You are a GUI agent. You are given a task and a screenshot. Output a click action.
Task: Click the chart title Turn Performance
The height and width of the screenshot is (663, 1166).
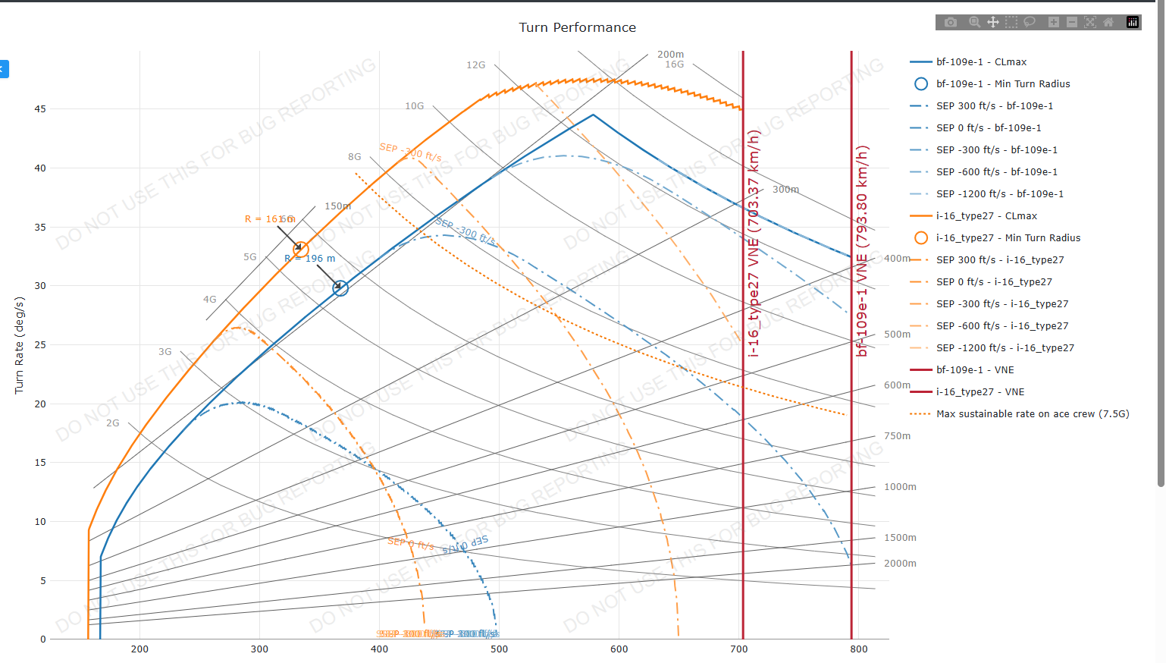[577, 27]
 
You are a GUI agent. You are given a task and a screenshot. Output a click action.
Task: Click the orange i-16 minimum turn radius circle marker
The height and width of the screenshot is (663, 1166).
[301, 249]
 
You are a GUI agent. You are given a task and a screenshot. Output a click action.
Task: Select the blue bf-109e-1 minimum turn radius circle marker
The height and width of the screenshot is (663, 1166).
[340, 288]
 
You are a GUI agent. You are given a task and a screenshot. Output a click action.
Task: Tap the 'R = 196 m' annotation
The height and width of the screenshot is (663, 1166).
[310, 259]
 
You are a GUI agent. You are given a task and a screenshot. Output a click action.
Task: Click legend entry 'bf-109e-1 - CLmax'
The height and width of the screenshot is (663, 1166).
[981, 62]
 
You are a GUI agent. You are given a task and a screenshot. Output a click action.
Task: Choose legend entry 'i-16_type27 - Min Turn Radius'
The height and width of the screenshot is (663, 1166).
[1008, 238]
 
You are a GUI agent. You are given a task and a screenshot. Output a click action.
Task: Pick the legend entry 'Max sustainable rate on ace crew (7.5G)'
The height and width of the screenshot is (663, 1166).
[1032, 414]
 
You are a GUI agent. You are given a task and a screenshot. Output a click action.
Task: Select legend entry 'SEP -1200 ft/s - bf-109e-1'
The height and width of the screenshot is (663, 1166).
[999, 194]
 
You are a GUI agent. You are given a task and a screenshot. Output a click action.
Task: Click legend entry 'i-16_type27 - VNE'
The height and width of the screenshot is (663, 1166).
[980, 392]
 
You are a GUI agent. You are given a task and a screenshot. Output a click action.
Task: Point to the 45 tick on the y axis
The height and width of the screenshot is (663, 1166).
[40, 109]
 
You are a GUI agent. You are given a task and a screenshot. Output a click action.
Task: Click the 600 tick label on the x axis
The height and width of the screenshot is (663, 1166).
[619, 649]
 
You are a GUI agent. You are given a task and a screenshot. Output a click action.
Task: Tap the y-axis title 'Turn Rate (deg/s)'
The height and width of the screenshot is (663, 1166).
[19, 345]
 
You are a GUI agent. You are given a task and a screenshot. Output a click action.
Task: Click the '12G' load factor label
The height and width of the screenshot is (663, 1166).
[475, 65]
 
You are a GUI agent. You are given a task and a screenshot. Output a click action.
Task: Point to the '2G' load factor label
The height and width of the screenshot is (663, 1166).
[113, 423]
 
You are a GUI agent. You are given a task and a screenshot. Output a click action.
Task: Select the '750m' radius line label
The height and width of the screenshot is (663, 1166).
[897, 436]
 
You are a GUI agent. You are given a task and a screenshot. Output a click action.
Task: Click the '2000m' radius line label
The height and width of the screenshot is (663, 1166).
[900, 564]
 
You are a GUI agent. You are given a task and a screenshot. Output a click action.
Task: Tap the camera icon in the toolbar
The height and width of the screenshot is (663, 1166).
[951, 22]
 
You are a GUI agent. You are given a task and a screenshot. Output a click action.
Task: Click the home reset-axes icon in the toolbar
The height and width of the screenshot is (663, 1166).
[1108, 22]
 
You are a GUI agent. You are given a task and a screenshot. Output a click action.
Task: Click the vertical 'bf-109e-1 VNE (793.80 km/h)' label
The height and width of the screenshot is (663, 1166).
[862, 250]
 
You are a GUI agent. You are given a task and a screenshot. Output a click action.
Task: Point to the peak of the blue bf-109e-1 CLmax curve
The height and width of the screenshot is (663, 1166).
[593, 115]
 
